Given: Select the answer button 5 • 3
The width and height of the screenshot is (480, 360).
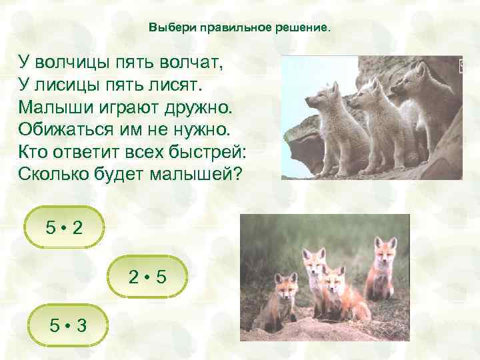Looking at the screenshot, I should click(x=66, y=325).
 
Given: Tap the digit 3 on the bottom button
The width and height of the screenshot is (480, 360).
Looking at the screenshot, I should click(x=81, y=325).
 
